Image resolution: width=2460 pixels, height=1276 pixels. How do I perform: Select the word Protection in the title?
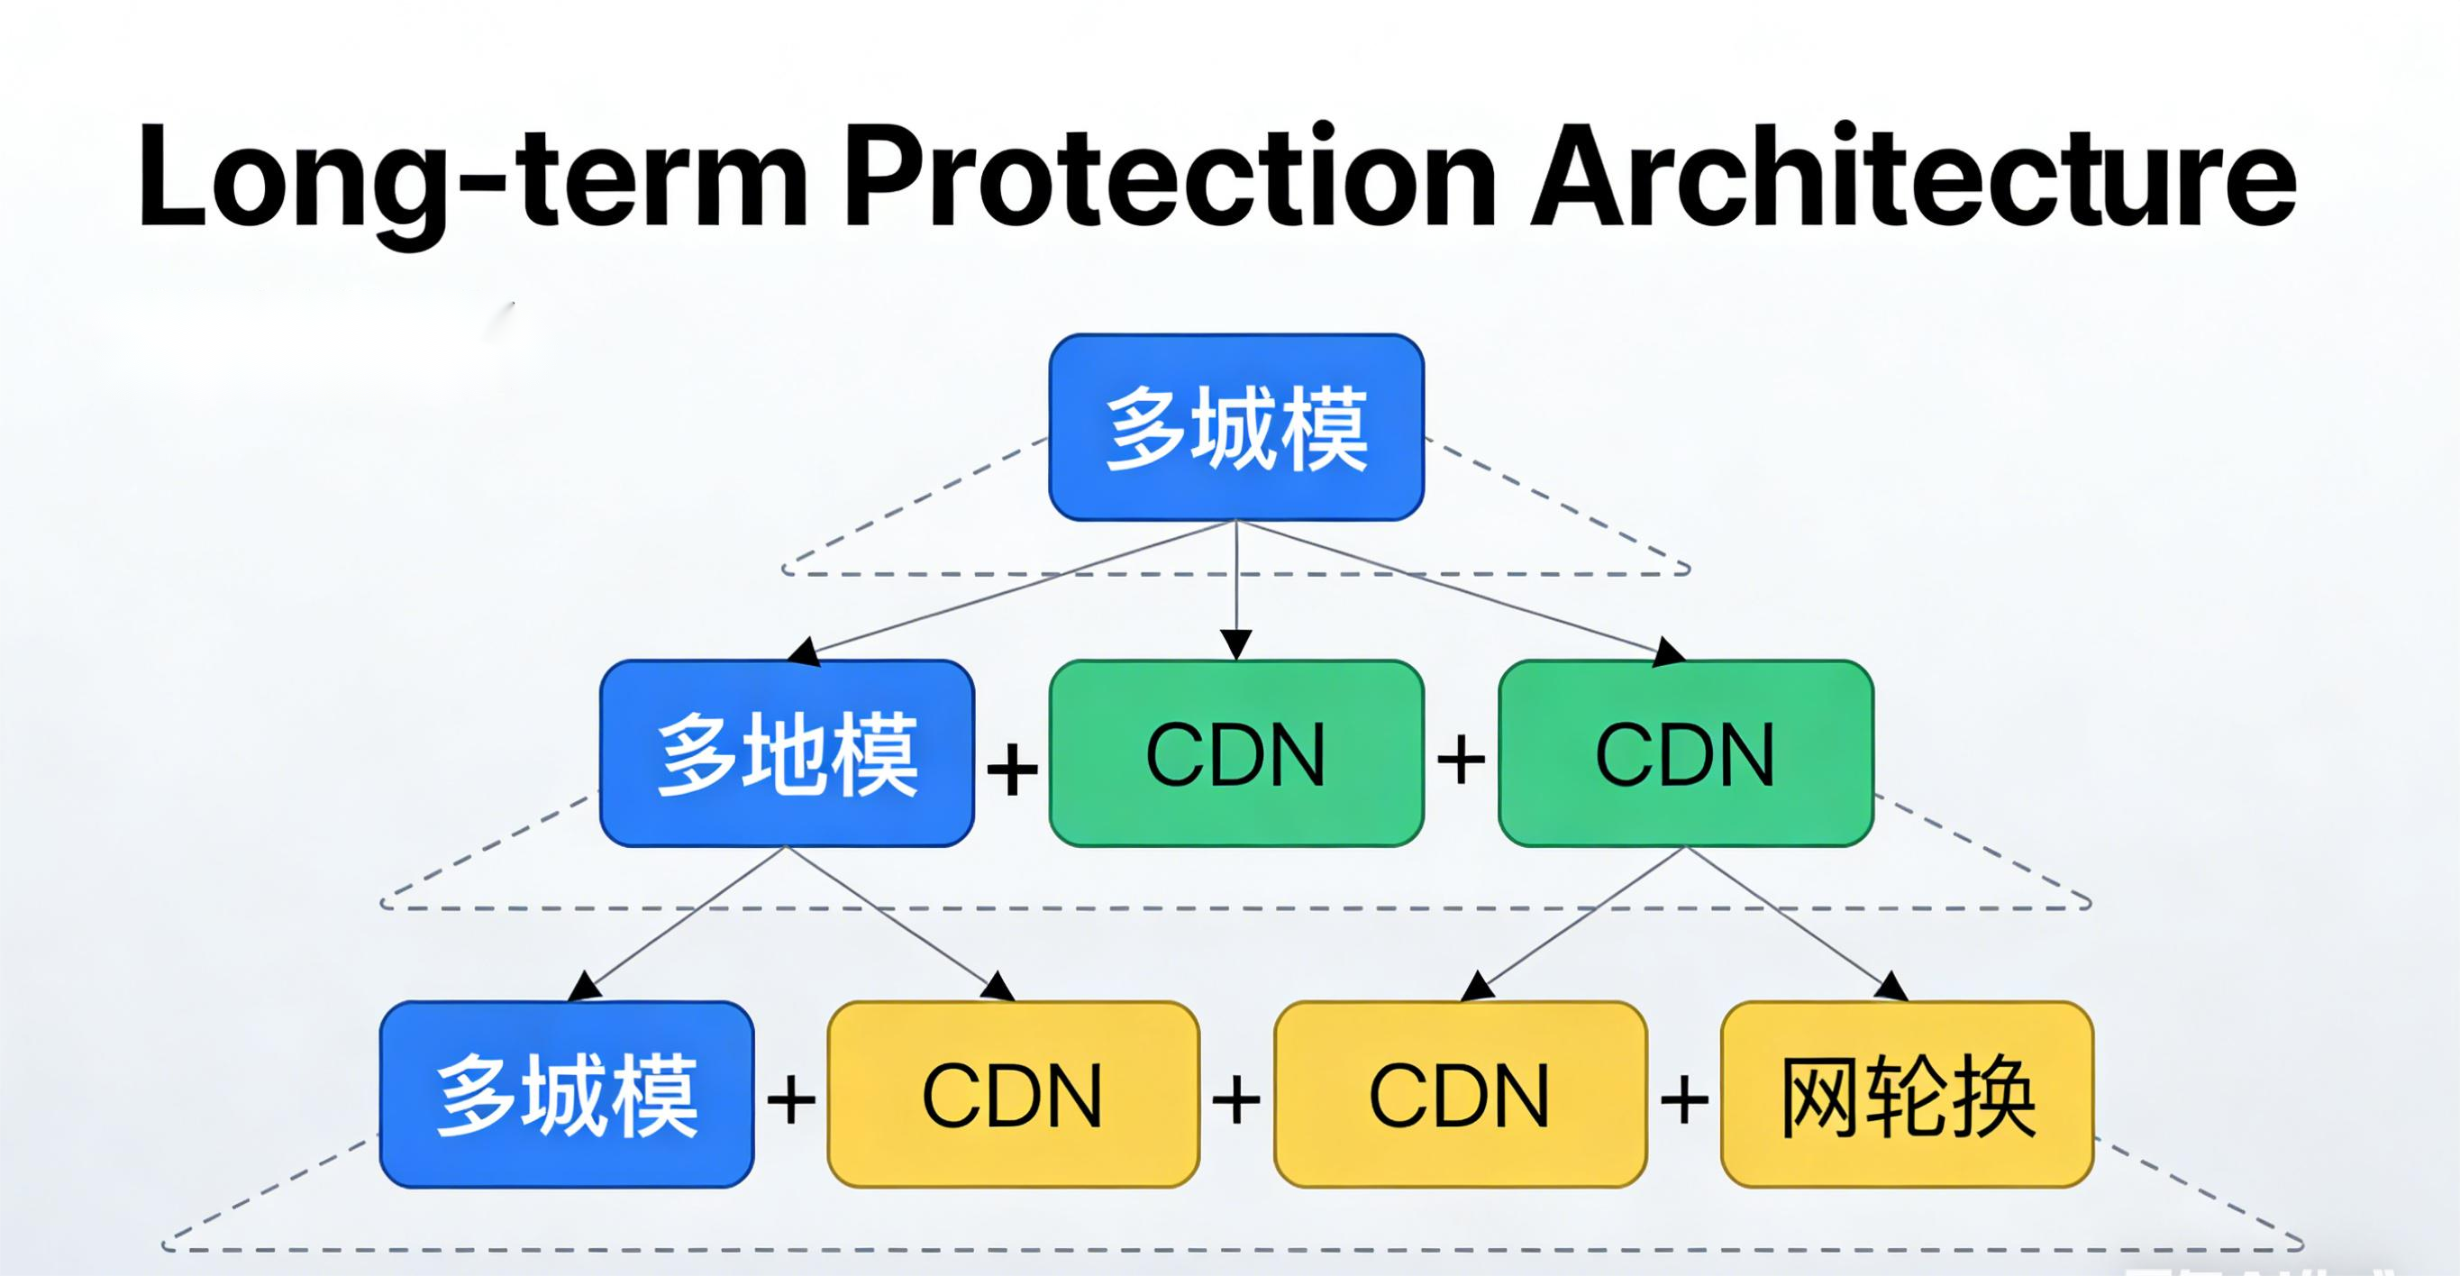click(1170, 177)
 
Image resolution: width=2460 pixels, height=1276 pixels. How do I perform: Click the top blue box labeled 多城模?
click(1236, 428)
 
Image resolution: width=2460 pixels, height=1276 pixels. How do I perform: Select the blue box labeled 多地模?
click(787, 753)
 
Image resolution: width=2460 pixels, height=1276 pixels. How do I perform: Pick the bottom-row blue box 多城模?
click(566, 1095)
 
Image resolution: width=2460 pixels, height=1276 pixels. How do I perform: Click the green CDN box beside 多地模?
click(1236, 753)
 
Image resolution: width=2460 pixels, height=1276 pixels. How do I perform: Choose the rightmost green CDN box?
click(1686, 753)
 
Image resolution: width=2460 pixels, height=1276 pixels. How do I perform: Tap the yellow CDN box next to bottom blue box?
click(1012, 1095)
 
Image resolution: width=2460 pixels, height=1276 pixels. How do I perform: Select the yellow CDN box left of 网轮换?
click(1460, 1095)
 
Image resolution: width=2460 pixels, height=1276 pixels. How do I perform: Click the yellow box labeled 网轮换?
click(1907, 1095)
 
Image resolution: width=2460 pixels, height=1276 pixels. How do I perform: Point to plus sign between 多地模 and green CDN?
click(1012, 769)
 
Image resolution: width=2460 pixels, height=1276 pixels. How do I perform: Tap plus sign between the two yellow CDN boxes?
click(1235, 1099)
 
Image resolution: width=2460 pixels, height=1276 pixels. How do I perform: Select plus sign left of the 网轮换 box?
click(1684, 1099)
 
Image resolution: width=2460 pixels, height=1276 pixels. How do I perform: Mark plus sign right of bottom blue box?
click(791, 1099)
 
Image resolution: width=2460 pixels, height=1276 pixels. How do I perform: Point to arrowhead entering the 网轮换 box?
click(1892, 988)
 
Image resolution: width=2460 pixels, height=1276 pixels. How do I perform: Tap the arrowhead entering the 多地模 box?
click(803, 652)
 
